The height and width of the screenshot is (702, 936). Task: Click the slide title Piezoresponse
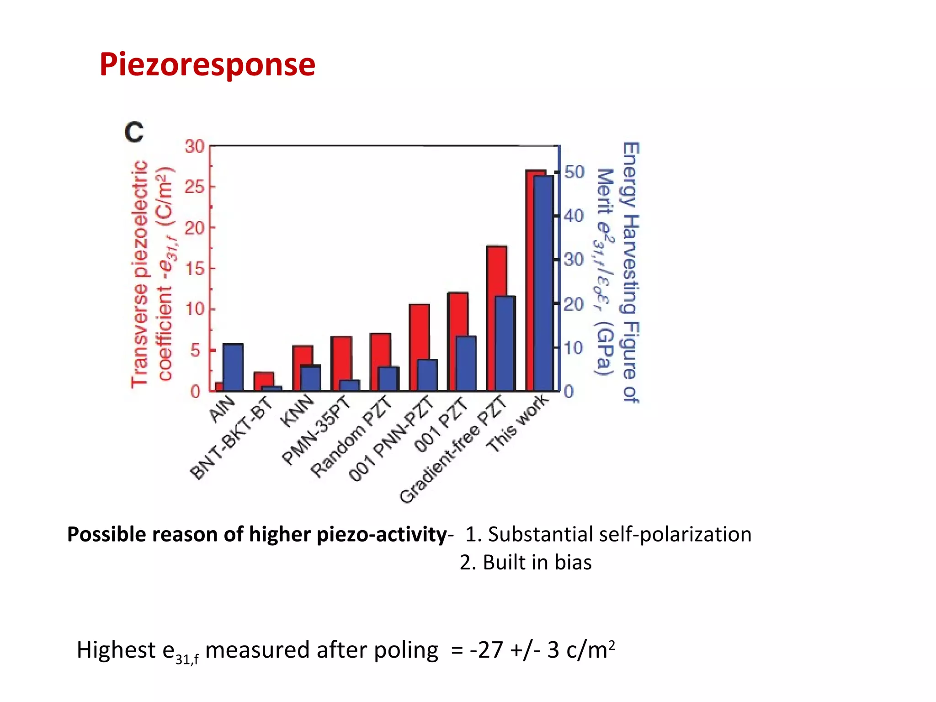(x=207, y=64)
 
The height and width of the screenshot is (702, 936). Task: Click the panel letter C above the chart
(x=134, y=132)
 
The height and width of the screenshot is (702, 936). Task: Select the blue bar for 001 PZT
(x=466, y=363)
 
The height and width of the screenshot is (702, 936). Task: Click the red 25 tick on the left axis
(x=194, y=187)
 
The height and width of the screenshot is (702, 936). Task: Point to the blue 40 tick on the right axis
(x=574, y=216)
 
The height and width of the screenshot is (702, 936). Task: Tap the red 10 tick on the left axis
(x=194, y=309)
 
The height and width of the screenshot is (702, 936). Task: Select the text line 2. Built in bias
(x=526, y=562)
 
